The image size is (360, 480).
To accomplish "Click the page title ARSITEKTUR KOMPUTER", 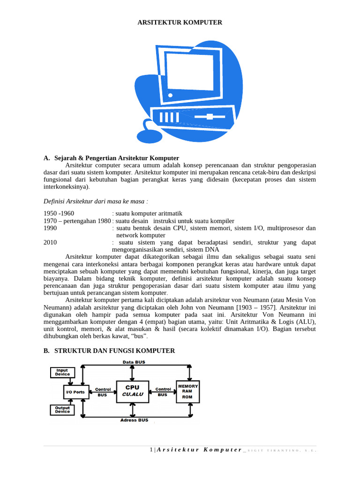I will pos(180,22).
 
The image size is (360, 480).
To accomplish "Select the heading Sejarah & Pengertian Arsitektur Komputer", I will pos(117,158).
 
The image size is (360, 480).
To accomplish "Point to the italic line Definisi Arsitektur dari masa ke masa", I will pos(96,201).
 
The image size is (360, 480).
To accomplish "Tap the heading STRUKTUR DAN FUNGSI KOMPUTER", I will pos(115,351).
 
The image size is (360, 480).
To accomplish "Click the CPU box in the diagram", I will pos(132,391).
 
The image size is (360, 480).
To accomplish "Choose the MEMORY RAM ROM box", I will pos(187,391).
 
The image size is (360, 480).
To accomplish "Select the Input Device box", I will pos(62,372).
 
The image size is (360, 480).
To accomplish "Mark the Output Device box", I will pos(62,410).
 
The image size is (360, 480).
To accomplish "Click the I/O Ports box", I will pos(75,391).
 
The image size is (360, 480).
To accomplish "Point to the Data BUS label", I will pos(134,362).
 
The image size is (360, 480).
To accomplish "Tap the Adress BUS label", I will pos(134,420).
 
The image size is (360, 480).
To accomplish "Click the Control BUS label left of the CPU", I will pos(103,392).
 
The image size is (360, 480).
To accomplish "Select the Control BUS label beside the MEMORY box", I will pos(163,392).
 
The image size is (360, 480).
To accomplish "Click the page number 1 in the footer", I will pos(151,450).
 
